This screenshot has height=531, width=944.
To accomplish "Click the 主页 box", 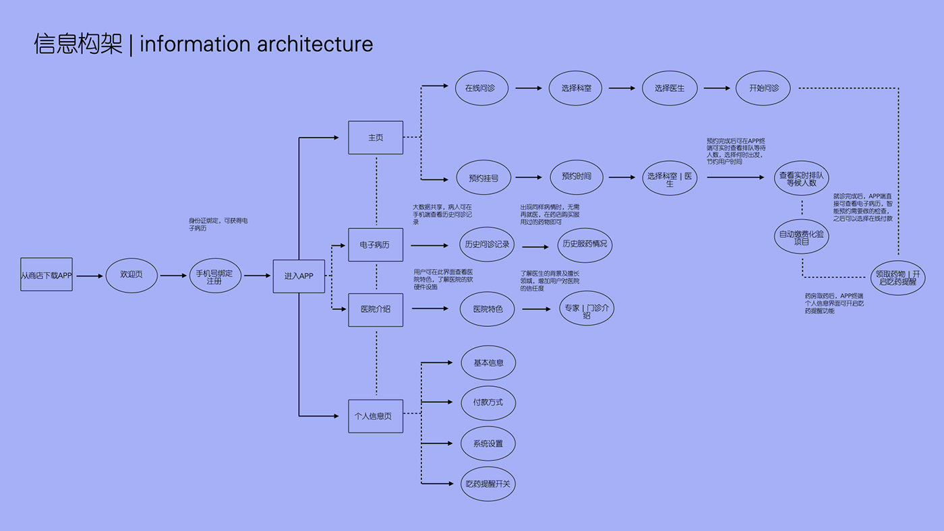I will tap(376, 137).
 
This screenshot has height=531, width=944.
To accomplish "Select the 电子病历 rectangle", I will tap(376, 245).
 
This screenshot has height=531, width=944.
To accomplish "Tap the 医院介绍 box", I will tap(376, 309).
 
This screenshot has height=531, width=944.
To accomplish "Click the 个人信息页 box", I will tap(376, 416).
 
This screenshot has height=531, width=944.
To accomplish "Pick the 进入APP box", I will tap(299, 276).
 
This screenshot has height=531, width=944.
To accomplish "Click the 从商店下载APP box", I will tap(46, 275).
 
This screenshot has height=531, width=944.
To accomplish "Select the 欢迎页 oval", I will tap(132, 275).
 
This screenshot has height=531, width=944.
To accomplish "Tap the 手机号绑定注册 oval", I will tap(214, 276).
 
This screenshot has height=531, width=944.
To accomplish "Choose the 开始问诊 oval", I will tap(763, 88).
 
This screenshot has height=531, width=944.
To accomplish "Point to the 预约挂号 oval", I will tap(483, 178).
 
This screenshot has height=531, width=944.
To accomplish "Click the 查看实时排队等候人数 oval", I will tap(801, 178).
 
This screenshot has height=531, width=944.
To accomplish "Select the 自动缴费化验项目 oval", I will tap(801, 237).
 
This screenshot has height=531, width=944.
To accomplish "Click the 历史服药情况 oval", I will tap(585, 244).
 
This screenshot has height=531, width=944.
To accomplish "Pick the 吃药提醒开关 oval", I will tap(488, 484).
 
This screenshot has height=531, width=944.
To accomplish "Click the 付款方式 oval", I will tap(488, 403).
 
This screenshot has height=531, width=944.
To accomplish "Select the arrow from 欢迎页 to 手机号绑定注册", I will tap(173, 275).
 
